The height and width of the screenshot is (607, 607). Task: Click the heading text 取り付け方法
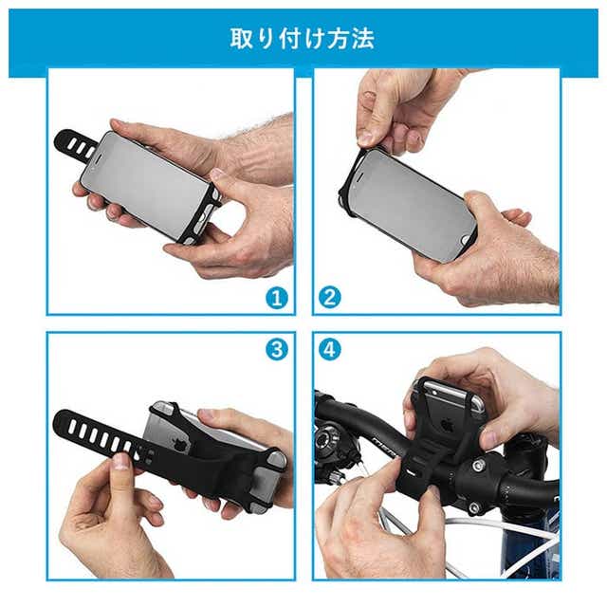(x=303, y=38)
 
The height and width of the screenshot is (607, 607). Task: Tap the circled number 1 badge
(x=277, y=299)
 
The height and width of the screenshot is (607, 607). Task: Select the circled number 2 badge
(x=330, y=298)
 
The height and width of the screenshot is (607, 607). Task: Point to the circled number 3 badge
(x=277, y=350)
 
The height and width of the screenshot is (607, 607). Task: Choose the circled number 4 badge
(x=330, y=350)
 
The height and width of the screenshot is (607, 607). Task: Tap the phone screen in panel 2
(x=411, y=201)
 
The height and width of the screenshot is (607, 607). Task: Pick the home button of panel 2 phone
(x=464, y=241)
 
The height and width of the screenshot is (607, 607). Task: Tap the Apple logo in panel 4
(x=448, y=425)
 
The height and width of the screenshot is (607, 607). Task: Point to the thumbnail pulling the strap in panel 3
(x=121, y=462)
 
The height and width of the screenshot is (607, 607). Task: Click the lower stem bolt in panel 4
(x=474, y=507)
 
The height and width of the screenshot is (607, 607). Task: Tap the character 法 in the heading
(x=363, y=39)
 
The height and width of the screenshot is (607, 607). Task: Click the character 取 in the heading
(x=242, y=39)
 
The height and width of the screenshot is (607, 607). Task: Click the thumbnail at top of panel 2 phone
(x=366, y=138)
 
